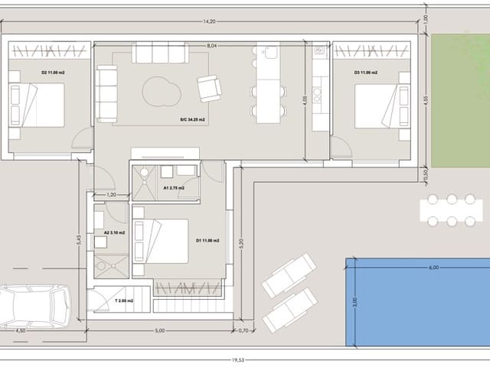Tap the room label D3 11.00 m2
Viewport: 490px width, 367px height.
pyautogui.click(x=366, y=73)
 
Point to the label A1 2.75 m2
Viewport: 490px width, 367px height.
pyautogui.click(x=175, y=187)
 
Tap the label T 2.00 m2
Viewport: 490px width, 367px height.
pyautogui.click(x=124, y=301)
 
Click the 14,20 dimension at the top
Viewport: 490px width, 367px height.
pyautogui.click(x=209, y=21)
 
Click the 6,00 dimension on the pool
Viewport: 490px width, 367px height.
pyautogui.click(x=433, y=268)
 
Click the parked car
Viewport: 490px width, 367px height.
pyautogui.click(x=32, y=306)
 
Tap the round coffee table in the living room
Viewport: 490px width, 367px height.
pyautogui.click(x=162, y=93)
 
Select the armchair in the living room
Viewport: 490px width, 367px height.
pyautogui.click(x=208, y=88)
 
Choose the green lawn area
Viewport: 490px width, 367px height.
pyautogui.click(x=460, y=101)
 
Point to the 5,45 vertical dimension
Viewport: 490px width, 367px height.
pyautogui.click(x=79, y=239)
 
